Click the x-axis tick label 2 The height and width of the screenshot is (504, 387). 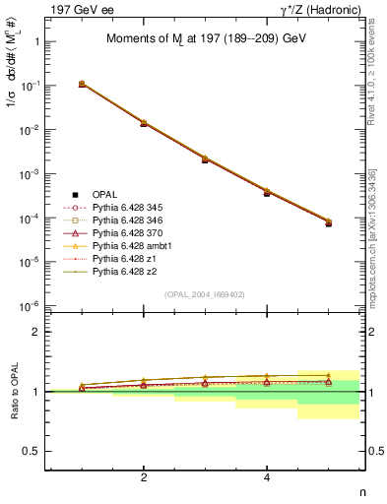[144, 477]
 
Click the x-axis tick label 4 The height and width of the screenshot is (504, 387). [267, 477]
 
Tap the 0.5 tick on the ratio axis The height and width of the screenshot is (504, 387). [35, 451]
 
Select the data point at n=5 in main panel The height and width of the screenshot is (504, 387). [328, 223]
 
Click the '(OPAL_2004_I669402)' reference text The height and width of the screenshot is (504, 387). [205, 294]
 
